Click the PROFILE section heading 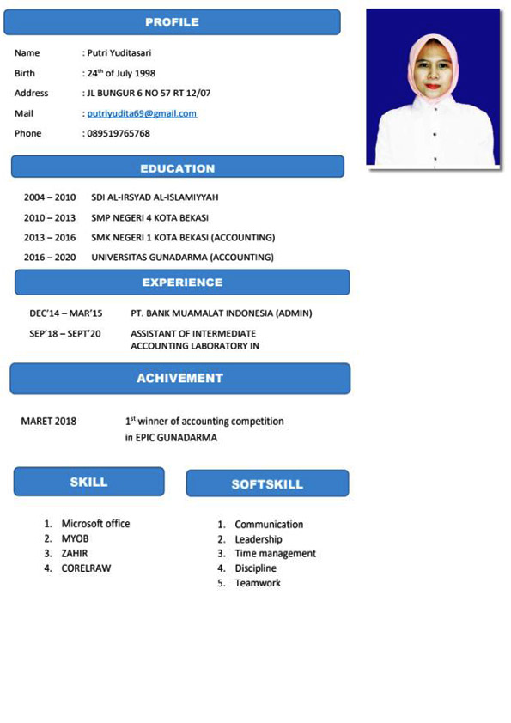pos(172,22)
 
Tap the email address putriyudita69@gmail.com pos(142,113)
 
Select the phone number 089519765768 pos(119,134)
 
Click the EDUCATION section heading pos(178,168)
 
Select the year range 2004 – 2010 pos(50,197)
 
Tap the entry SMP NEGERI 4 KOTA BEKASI pos(149,217)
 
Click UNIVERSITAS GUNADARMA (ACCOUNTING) pos(182,258)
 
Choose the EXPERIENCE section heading pos(182,283)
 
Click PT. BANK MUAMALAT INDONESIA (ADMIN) pos(222,313)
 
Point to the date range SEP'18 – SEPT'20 pos(65,333)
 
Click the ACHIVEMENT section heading pos(179,378)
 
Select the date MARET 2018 pos(48,422)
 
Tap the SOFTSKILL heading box pos(267,484)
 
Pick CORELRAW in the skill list pos(86,568)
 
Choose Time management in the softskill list pos(275,554)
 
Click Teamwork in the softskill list pos(258,583)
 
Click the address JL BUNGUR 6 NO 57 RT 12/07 pos(149,93)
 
